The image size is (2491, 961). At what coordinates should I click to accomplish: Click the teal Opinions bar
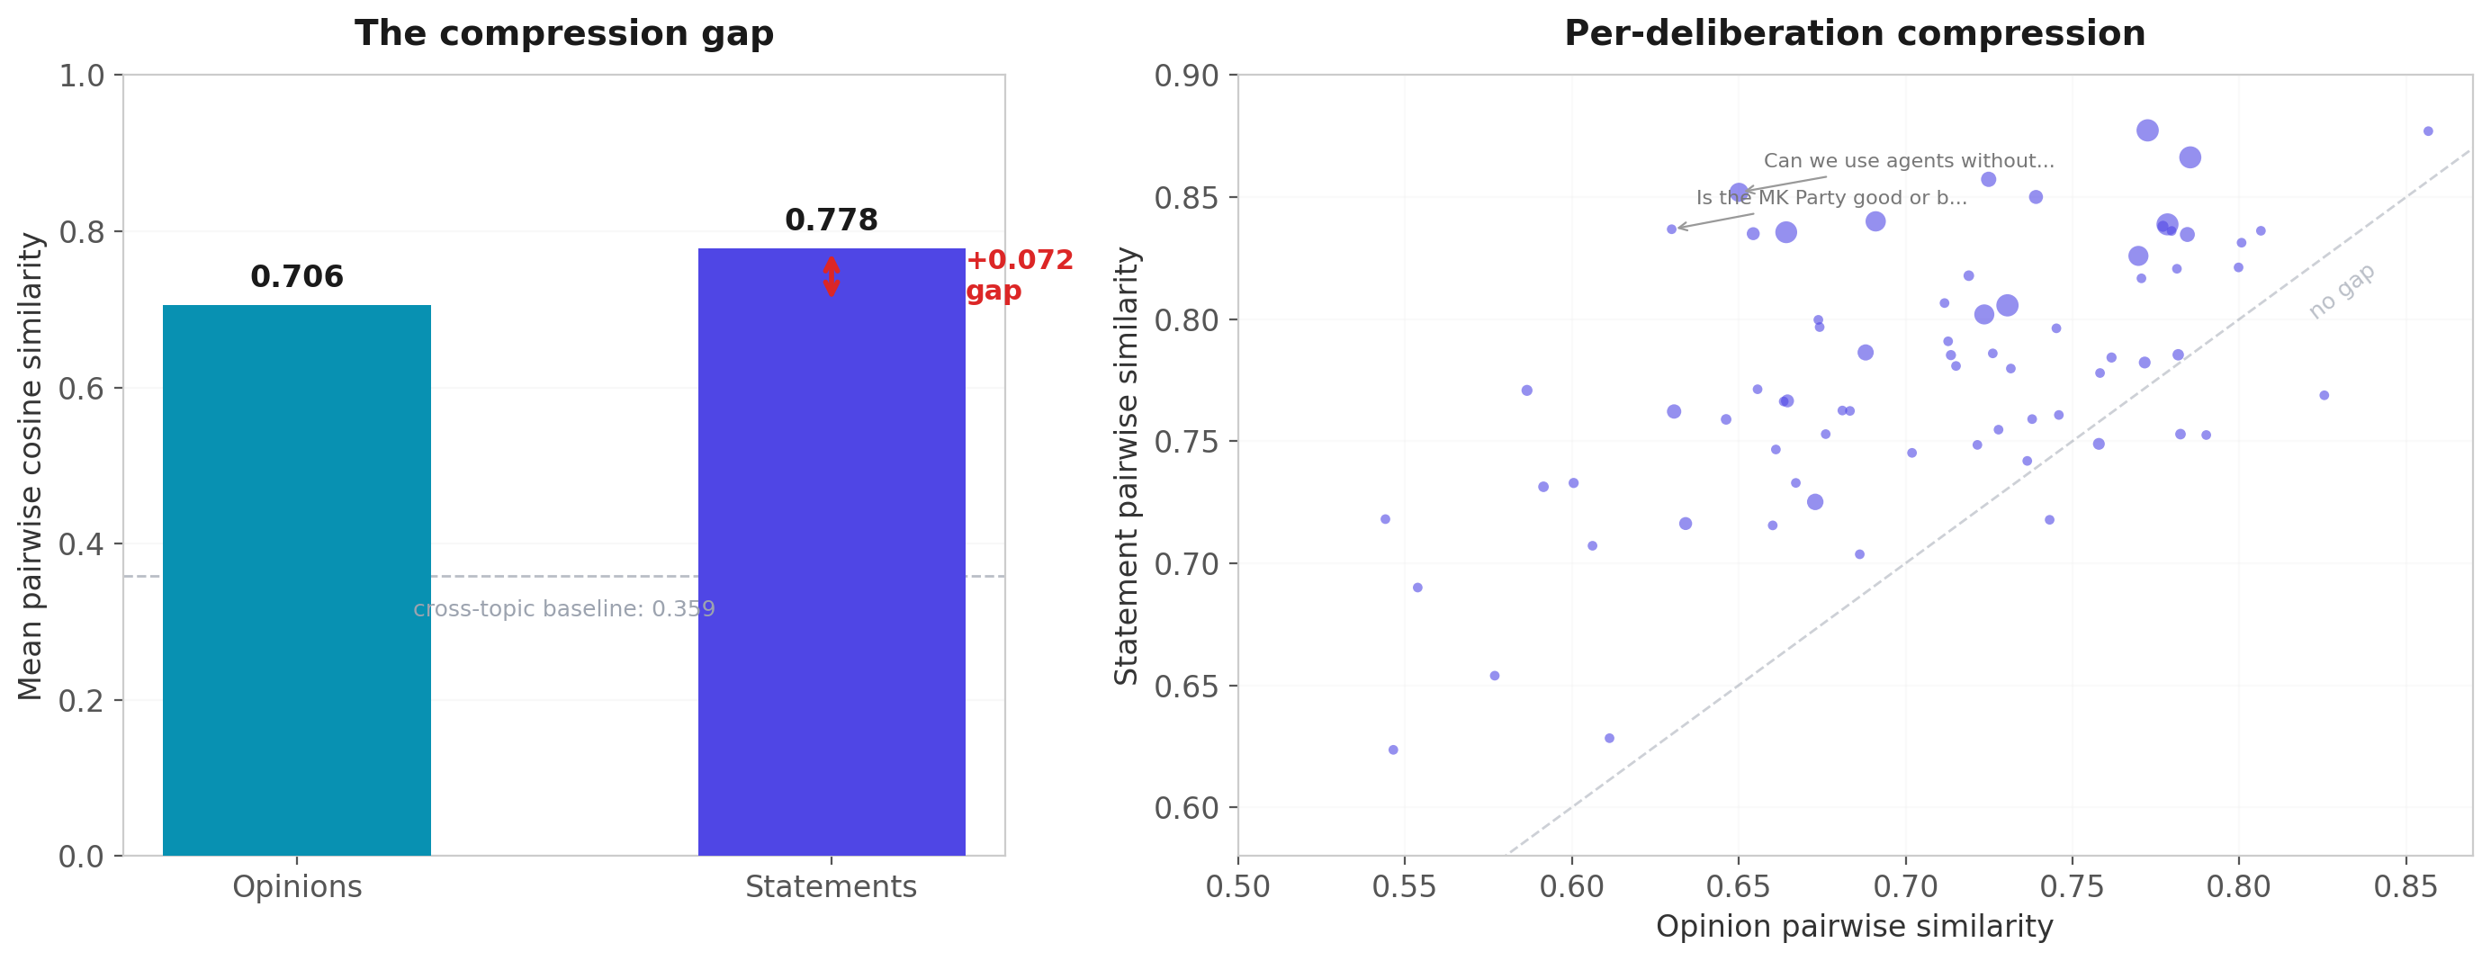(x=296, y=580)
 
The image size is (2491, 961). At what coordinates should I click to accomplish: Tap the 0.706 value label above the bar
(x=296, y=277)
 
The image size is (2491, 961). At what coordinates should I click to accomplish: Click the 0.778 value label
(x=831, y=220)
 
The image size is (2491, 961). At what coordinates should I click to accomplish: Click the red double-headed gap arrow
(x=831, y=276)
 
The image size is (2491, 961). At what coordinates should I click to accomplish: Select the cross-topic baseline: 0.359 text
(x=563, y=609)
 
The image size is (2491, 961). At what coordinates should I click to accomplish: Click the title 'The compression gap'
(x=563, y=34)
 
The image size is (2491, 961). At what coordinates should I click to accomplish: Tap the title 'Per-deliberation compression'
(x=1854, y=34)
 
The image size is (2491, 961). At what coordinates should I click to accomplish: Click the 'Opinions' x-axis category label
(x=297, y=886)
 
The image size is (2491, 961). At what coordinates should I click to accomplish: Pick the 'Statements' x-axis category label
(x=831, y=886)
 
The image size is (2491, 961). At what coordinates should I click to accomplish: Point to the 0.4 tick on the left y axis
(x=81, y=544)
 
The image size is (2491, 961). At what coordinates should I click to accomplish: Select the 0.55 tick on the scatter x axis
(x=1404, y=886)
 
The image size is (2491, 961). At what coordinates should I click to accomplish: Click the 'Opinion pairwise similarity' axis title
(x=1854, y=926)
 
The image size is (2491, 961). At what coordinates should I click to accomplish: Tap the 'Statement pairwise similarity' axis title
(x=1127, y=466)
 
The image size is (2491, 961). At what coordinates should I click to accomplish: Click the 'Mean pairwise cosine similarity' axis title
(x=30, y=466)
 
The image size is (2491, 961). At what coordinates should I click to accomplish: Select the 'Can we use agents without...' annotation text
(x=1908, y=161)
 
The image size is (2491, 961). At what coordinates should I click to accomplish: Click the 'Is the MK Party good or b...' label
(x=1830, y=198)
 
